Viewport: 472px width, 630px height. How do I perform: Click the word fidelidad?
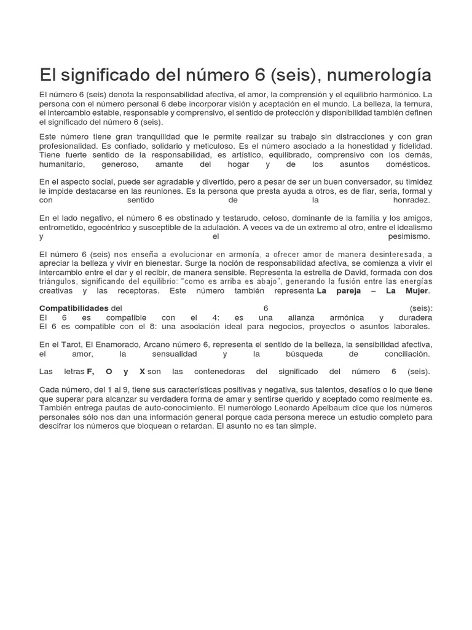411,146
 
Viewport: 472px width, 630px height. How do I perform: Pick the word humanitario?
64,165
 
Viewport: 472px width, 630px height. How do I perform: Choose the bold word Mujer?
415,290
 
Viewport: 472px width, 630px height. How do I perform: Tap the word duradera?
412,317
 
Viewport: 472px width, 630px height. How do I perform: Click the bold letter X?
142,372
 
